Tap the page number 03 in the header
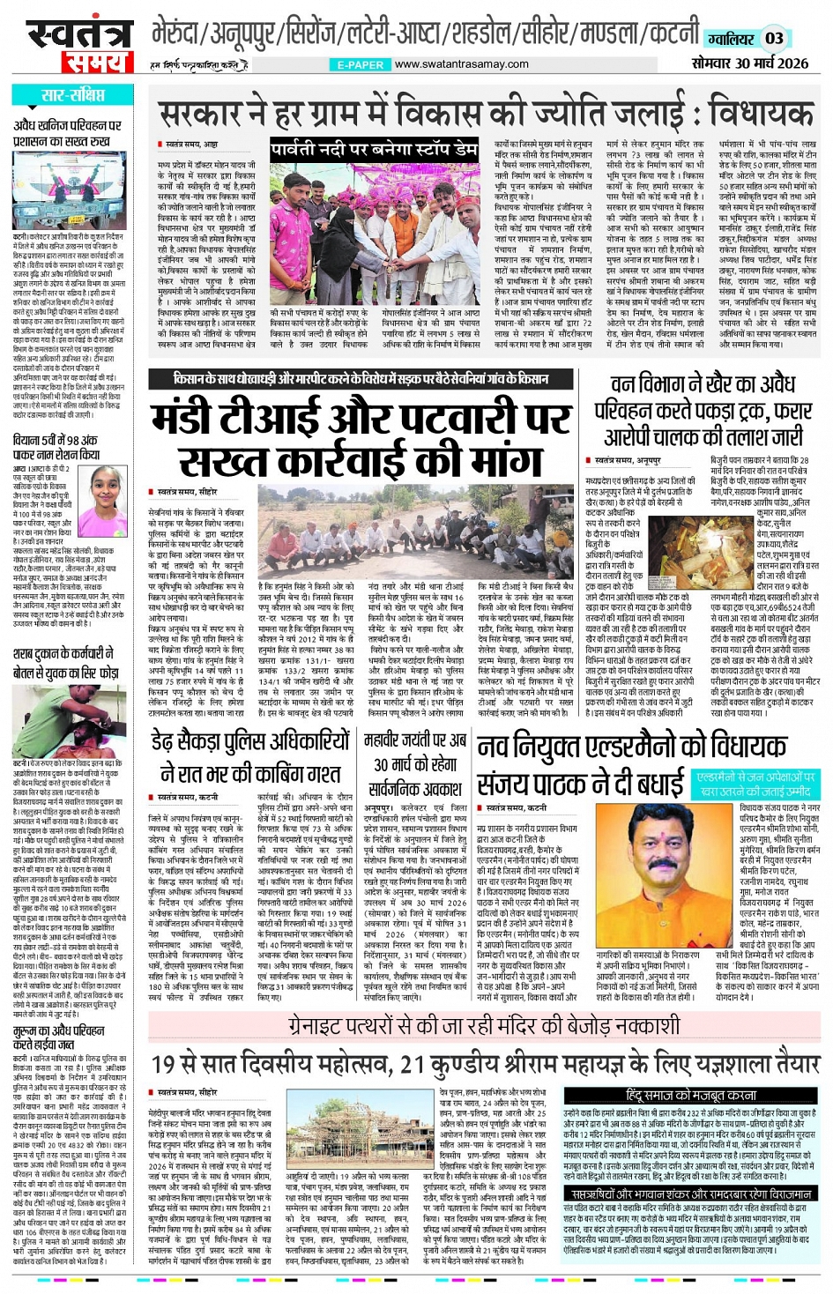click(x=774, y=38)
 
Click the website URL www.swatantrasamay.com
click(x=462, y=64)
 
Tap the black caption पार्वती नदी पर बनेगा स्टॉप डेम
click(x=374, y=149)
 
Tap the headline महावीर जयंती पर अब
click(x=415, y=740)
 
